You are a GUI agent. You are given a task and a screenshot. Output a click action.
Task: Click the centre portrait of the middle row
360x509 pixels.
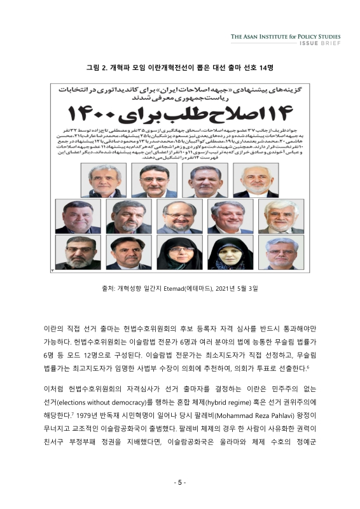point(179,218)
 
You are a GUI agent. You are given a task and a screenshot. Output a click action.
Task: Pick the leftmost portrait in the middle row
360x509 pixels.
point(77,218)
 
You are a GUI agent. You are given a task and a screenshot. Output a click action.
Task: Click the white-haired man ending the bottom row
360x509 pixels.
point(280,253)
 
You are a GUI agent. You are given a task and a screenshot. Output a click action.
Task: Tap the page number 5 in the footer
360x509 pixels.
point(180,482)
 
